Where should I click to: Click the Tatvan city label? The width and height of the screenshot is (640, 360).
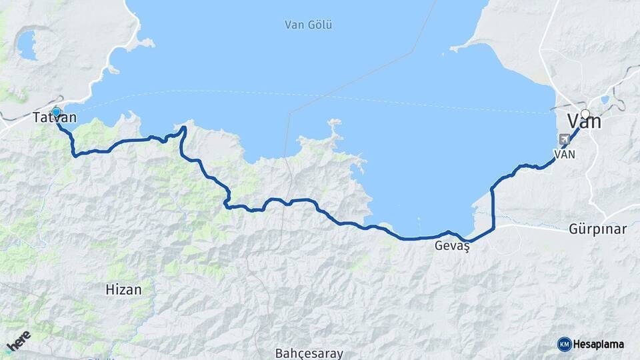[x=55, y=118]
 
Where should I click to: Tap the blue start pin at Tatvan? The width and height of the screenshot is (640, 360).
[x=56, y=113]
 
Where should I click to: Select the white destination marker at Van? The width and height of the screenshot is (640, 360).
[x=585, y=114]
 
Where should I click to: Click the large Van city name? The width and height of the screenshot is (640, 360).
[x=584, y=122]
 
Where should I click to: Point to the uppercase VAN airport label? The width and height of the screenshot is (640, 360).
[x=564, y=153]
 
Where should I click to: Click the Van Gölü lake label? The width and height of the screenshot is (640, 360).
[x=308, y=25]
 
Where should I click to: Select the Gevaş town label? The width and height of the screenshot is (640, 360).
[x=452, y=245]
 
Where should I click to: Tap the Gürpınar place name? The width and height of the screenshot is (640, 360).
[x=597, y=229]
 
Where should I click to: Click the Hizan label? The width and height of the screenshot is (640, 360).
[x=123, y=289]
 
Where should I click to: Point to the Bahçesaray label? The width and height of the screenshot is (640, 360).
[x=309, y=353]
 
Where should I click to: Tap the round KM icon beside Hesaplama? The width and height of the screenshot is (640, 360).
[x=564, y=344]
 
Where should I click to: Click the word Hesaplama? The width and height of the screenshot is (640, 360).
[x=598, y=344]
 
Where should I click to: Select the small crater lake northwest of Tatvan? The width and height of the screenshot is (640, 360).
[x=27, y=45]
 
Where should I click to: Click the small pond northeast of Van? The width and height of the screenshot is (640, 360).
[x=605, y=100]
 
